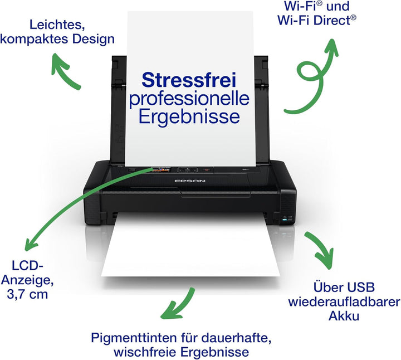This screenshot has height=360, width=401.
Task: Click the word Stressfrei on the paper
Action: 189,80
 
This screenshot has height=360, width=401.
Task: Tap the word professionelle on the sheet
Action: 189,99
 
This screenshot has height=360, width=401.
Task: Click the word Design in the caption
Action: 93,39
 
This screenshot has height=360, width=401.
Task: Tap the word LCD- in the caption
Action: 27,266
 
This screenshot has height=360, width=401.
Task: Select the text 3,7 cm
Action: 27,294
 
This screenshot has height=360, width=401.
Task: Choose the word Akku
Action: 344,316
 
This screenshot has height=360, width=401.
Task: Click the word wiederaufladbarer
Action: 344,301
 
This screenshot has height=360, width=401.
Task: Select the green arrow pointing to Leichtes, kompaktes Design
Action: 64,72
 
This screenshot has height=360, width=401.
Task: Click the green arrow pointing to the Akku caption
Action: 321,250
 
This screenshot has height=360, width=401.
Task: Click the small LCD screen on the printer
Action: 161,169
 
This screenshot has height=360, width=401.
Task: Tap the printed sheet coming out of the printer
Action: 190,247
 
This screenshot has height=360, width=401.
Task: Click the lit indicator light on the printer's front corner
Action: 285,219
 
